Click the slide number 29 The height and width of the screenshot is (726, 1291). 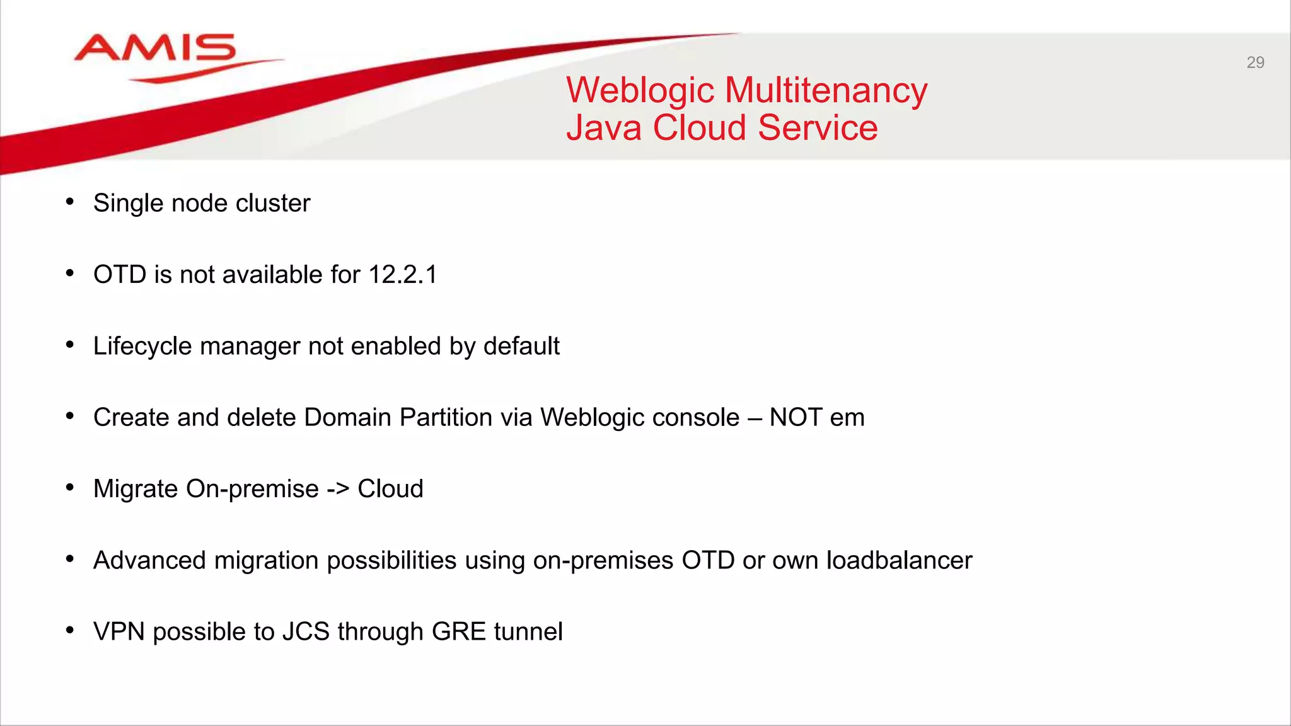pyautogui.click(x=1255, y=62)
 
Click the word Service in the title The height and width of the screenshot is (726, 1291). pyautogui.click(x=818, y=128)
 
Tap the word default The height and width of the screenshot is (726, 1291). pyautogui.click(x=521, y=346)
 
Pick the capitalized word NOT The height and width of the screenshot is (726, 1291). pyautogui.click(x=796, y=418)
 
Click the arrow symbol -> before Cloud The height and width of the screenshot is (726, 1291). pyautogui.click(x=338, y=489)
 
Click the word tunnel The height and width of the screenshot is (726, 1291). pyautogui.click(x=528, y=631)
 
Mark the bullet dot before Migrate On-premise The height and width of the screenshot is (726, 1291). pyautogui.click(x=70, y=487)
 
